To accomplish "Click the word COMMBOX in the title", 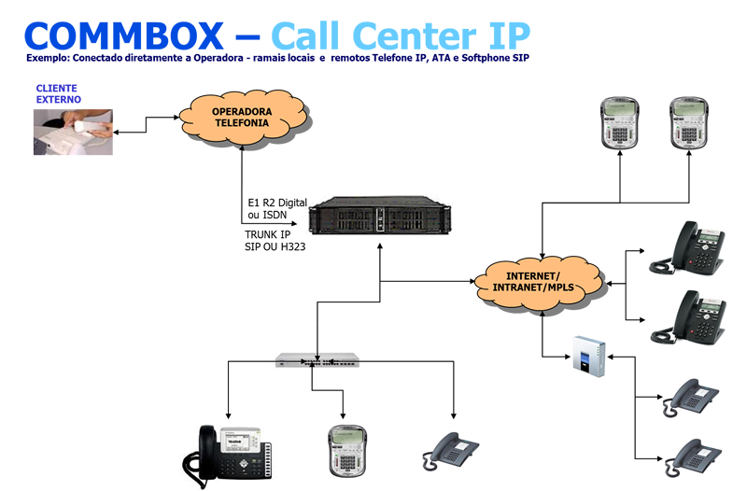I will tap(125, 35).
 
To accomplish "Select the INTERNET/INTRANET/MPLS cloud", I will tap(532, 281).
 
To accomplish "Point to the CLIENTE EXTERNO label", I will tap(58, 93).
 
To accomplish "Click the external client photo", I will tap(74, 132).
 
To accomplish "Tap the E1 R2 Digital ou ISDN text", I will tap(276, 208).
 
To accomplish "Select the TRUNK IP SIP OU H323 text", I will tap(275, 241).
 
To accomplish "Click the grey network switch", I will tap(317, 359).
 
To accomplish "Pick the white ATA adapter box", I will tap(587, 356).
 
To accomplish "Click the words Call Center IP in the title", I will tap(401, 35).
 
